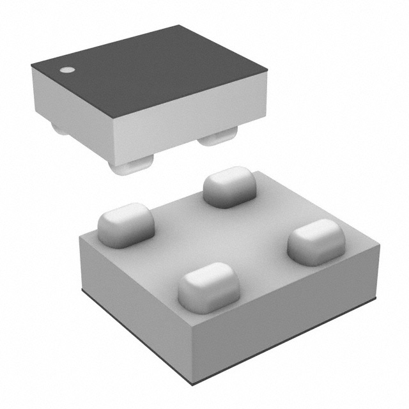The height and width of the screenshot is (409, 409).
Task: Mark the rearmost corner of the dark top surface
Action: pos(178,26)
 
